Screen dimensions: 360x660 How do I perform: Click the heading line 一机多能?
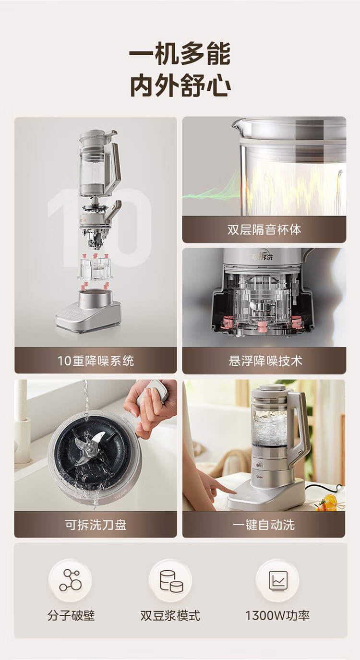180,53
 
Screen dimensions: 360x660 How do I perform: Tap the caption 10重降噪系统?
96,360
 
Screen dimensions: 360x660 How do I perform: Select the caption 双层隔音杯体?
264,229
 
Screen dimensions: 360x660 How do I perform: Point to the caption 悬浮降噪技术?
265,360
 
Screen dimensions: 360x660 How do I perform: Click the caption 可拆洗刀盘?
96,525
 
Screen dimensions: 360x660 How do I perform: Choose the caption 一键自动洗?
264,525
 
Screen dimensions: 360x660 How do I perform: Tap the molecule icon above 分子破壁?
71,580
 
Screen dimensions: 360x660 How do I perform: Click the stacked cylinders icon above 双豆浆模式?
170,581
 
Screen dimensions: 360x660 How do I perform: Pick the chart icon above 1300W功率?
278,581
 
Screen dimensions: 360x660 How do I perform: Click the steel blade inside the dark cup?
89,448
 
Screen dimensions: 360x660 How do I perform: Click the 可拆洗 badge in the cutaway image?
262,256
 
